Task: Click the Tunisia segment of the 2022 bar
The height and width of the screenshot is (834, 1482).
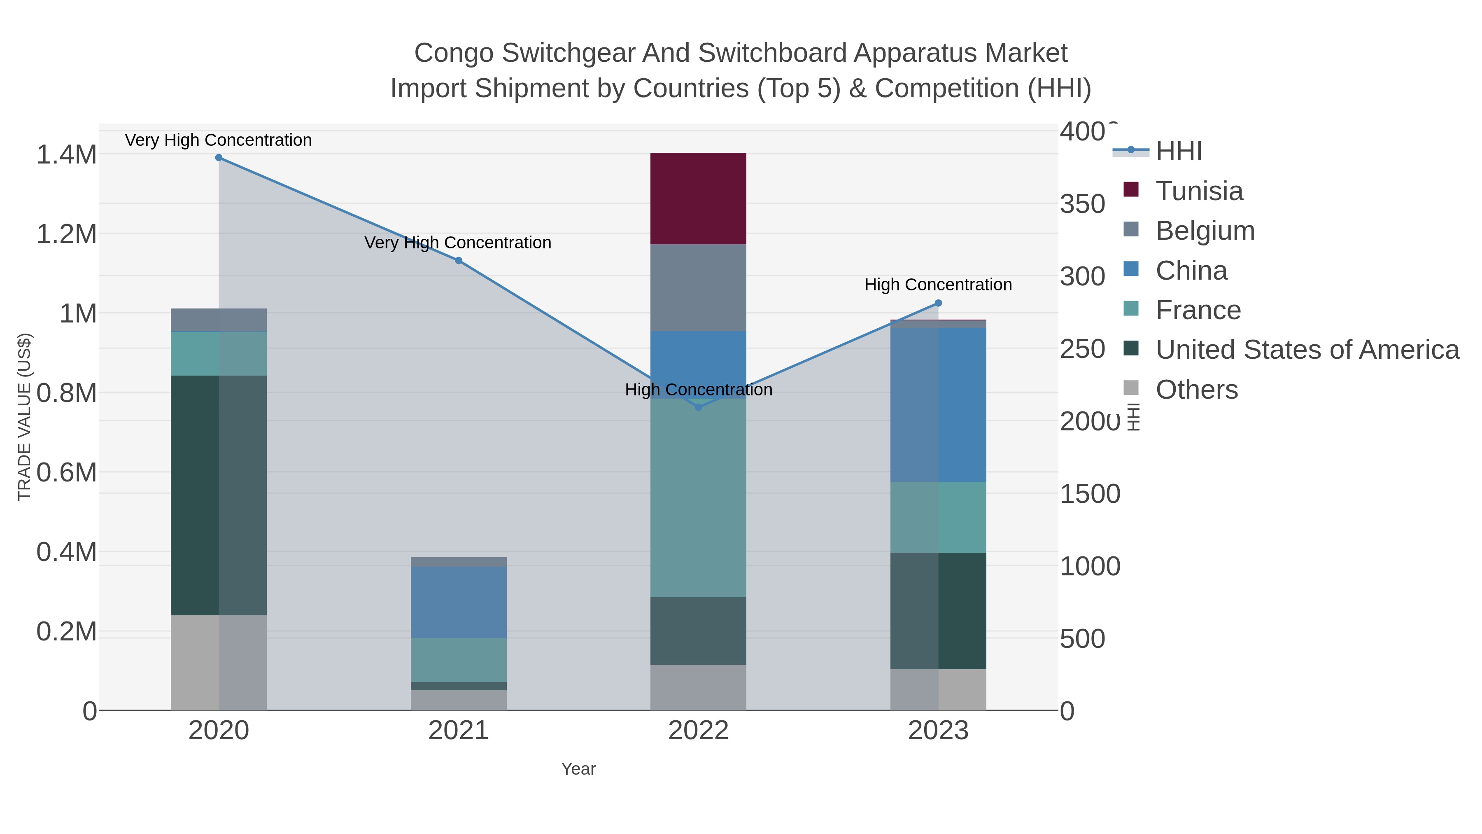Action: [x=698, y=199]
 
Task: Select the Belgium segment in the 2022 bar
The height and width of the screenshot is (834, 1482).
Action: [x=698, y=288]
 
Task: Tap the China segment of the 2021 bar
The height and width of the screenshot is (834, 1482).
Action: [x=459, y=602]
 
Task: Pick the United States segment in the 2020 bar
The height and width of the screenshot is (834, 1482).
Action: [x=219, y=495]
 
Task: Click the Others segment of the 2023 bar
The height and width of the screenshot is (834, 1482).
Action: [x=938, y=689]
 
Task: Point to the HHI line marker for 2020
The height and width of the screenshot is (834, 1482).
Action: [x=219, y=158]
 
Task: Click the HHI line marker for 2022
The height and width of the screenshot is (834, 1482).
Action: [x=699, y=407]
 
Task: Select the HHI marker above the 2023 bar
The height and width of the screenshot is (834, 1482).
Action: [x=938, y=303]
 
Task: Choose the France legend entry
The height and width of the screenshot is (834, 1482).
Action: [x=1198, y=310]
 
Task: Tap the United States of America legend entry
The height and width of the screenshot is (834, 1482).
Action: [x=1307, y=350]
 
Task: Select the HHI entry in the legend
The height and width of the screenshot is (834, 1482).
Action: [x=1178, y=152]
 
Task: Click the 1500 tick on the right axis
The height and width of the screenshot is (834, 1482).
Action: [x=1090, y=494]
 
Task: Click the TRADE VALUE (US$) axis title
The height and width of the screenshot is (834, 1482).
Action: [x=25, y=417]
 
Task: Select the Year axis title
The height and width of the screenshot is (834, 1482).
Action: [x=578, y=769]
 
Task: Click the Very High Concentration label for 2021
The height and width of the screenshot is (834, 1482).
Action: [x=458, y=243]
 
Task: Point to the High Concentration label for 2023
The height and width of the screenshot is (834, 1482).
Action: [x=938, y=285]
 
